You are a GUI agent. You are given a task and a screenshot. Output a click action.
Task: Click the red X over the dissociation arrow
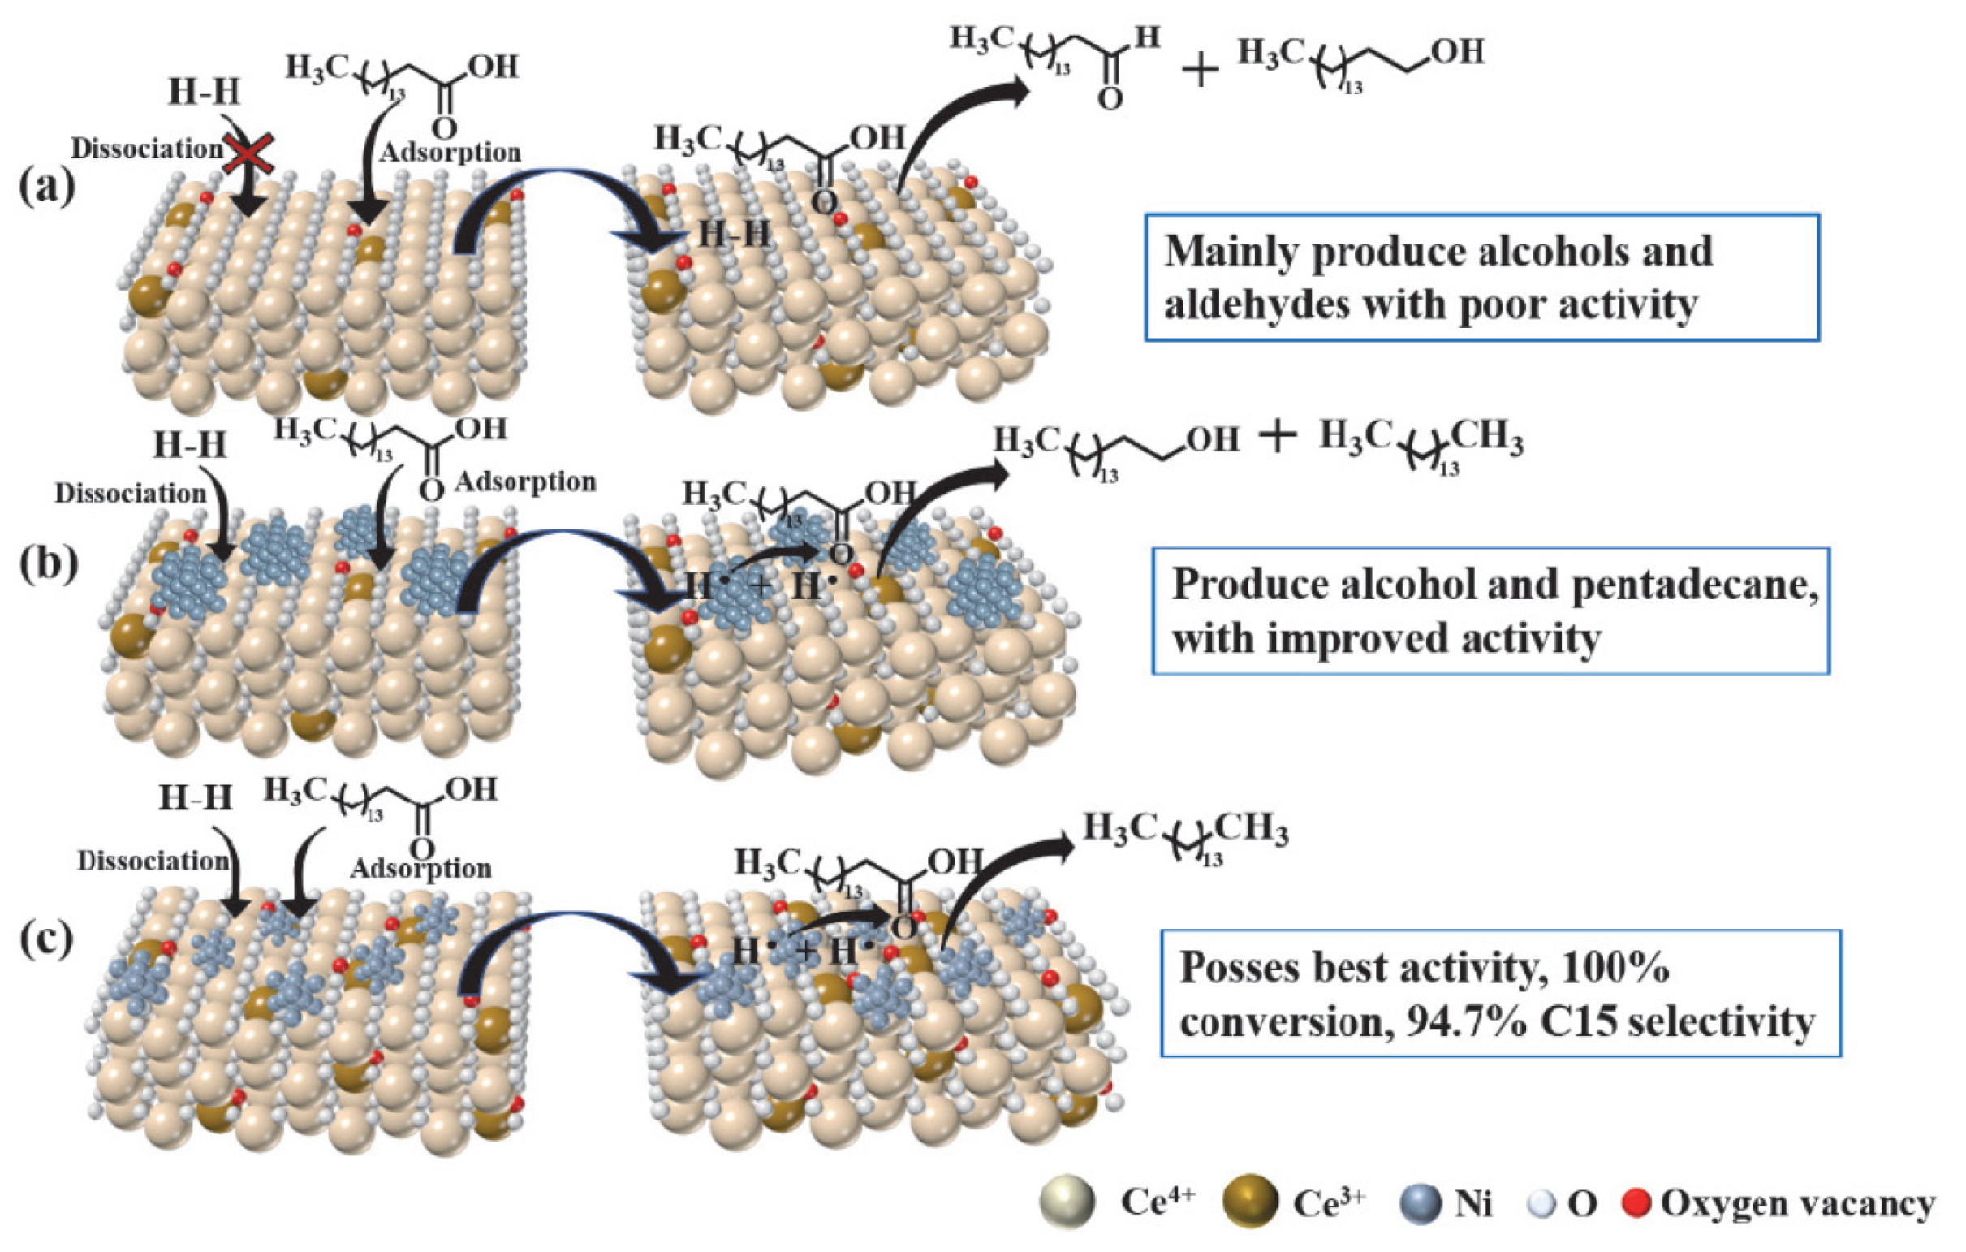point(248,153)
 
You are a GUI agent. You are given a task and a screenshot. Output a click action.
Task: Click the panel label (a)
point(46,187)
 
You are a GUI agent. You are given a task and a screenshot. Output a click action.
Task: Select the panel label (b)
point(48,563)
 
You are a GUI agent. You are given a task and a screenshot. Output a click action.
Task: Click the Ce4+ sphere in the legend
point(1067,1202)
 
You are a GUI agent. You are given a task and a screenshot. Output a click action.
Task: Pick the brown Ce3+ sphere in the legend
point(1249,1202)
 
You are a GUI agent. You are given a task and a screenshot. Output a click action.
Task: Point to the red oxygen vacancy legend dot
point(1635,1202)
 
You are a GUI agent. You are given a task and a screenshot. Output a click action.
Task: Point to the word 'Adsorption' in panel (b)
point(525,481)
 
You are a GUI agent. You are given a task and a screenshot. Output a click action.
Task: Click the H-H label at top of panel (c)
point(195,797)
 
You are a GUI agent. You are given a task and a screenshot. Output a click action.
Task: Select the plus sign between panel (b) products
point(1278,438)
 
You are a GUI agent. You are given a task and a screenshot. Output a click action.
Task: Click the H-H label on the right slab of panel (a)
point(734,235)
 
